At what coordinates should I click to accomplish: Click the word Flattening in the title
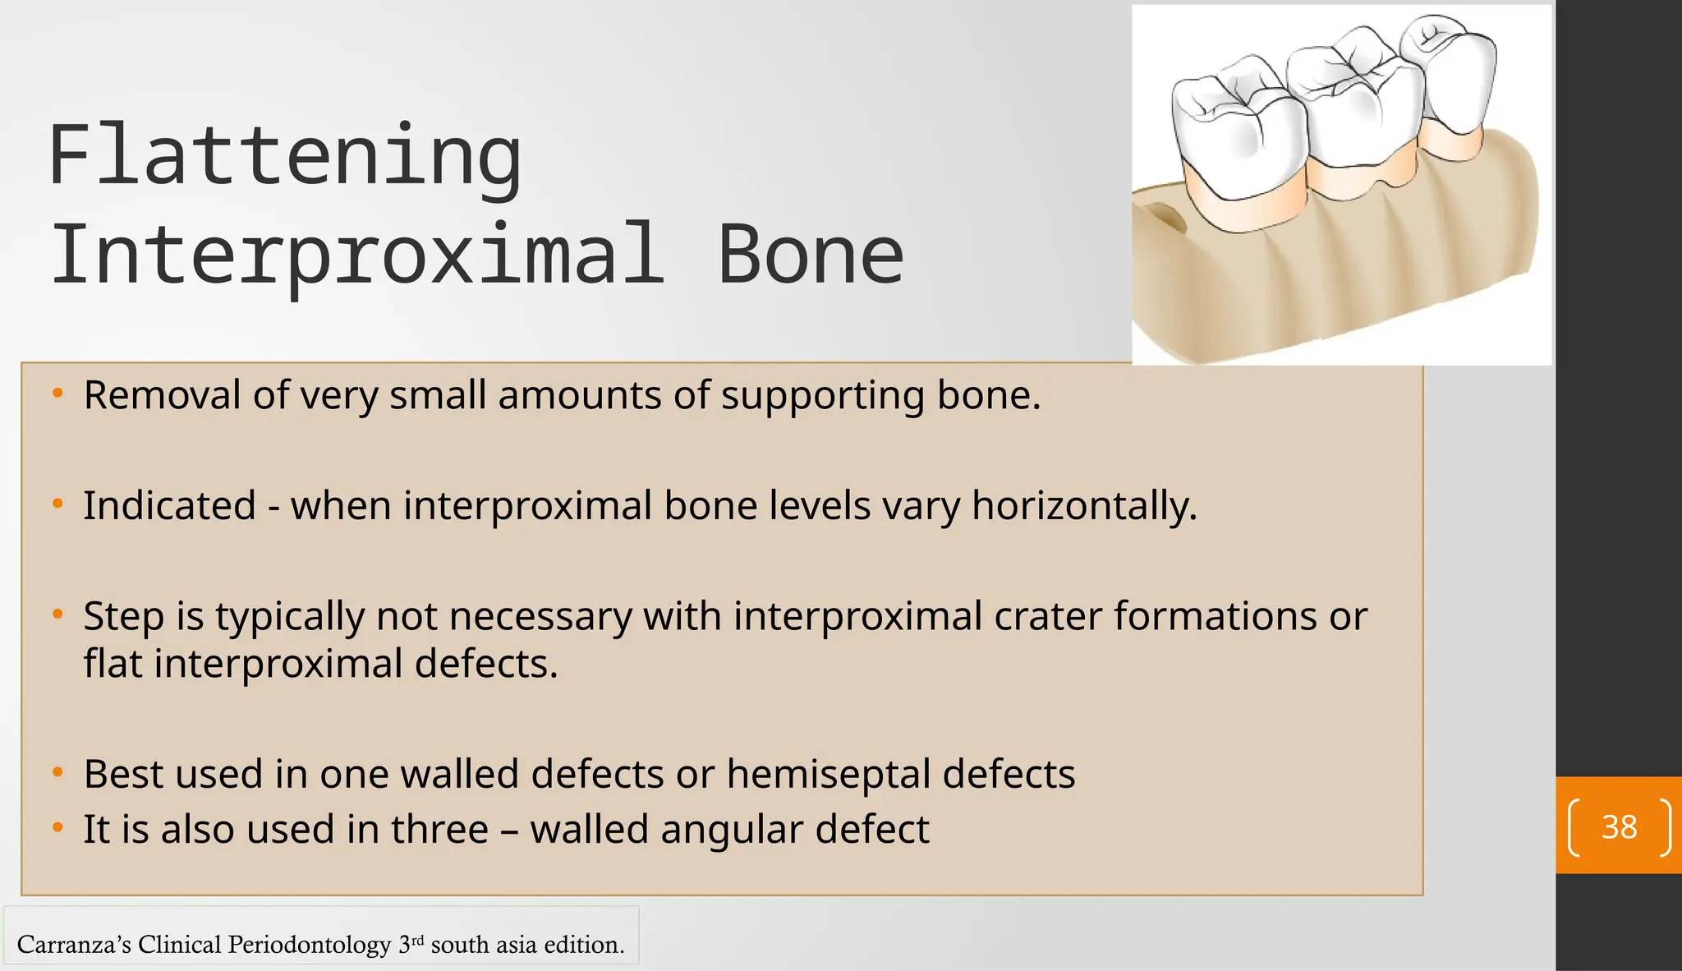tap(284, 156)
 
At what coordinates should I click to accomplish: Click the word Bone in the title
tap(811, 255)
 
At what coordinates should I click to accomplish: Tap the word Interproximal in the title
tap(356, 255)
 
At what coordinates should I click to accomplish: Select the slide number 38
tap(1619, 826)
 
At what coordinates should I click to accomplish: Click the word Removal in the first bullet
tap(163, 395)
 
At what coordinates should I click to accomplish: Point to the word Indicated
tap(169, 505)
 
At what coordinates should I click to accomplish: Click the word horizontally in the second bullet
tap(1084, 506)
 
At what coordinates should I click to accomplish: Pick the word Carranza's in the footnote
tap(73, 945)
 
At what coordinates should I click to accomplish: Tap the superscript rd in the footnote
tap(417, 938)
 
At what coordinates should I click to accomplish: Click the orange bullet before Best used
tap(57, 773)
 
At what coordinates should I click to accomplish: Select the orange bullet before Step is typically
tap(57, 614)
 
